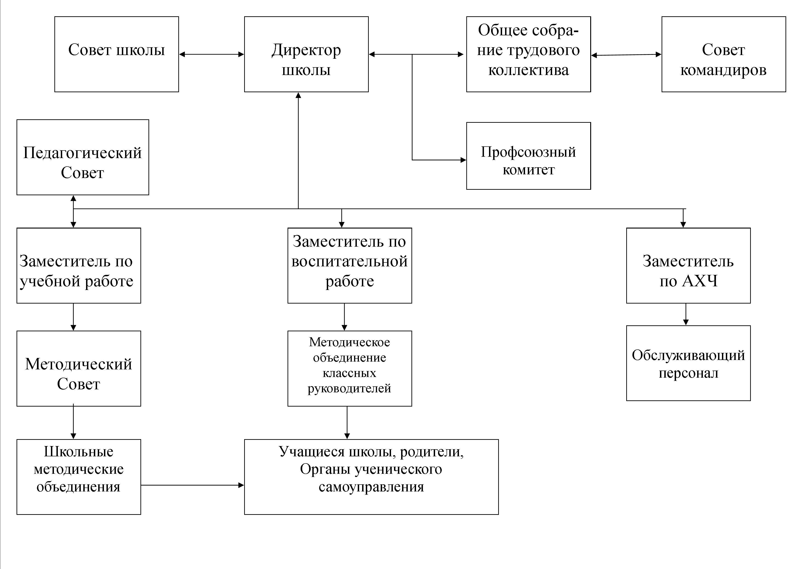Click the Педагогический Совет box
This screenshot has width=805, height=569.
pyautogui.click(x=83, y=157)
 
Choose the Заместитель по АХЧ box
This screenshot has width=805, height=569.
pyautogui.click(x=688, y=265)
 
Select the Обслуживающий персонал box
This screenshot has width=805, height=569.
pyautogui.click(x=688, y=363)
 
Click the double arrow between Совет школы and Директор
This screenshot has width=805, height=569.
pyautogui.click(x=211, y=54)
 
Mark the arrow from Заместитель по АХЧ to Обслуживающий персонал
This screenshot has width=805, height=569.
pyautogui.click(x=686, y=315)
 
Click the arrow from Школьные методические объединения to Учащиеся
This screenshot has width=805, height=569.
pyautogui.click(x=193, y=485)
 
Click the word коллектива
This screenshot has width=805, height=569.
pyautogui.click(x=528, y=70)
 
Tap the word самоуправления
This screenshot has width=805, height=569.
pyautogui.click(x=371, y=487)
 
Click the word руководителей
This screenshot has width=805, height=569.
pyautogui.click(x=349, y=388)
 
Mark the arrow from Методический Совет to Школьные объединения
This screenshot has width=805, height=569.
pyautogui.click(x=73, y=422)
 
